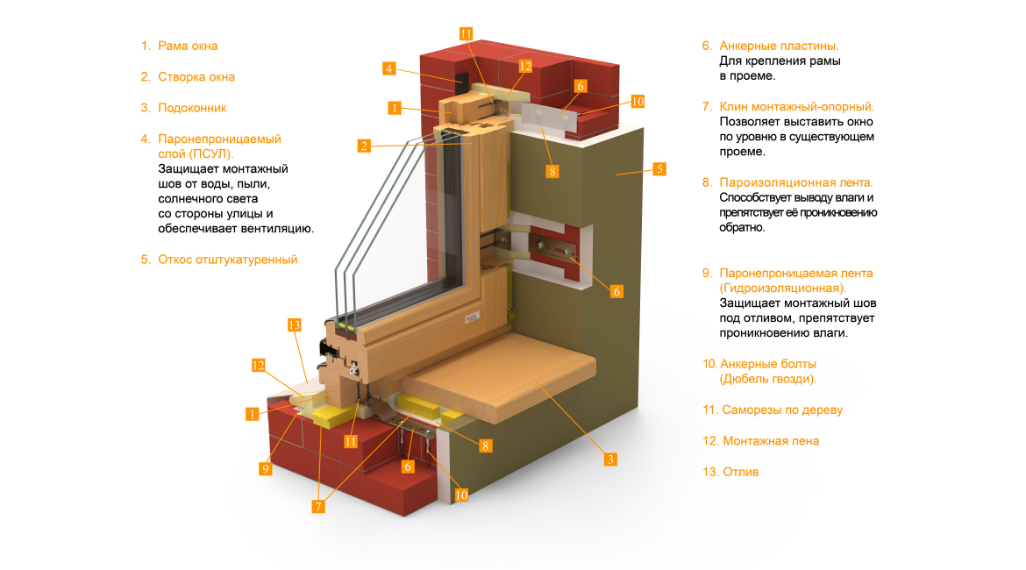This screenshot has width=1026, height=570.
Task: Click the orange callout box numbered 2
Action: click(x=364, y=146)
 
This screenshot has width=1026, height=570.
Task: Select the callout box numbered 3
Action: click(x=610, y=460)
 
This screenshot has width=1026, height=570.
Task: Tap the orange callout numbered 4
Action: click(x=388, y=68)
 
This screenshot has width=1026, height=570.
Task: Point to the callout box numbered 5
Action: click(x=659, y=169)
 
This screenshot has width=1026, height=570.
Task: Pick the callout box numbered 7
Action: click(x=318, y=507)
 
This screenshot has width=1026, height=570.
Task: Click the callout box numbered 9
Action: click(x=265, y=468)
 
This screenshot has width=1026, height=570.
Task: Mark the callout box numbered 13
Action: click(x=294, y=325)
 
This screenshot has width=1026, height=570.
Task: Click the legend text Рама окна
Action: click(x=188, y=46)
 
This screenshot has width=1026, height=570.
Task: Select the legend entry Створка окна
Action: click(x=196, y=76)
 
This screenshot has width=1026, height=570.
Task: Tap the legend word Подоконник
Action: click(x=192, y=108)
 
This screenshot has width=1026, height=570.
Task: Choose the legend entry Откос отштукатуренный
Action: click(x=228, y=260)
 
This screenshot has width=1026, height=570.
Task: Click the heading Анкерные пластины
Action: click(x=779, y=46)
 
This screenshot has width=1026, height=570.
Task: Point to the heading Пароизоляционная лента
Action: click(x=796, y=182)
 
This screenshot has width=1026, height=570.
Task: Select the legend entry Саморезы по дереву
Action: click(x=782, y=410)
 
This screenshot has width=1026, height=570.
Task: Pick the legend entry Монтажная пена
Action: click(x=771, y=441)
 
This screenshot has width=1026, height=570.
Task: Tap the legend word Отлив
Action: click(x=741, y=472)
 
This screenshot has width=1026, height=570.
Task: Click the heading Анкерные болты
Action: click(x=768, y=364)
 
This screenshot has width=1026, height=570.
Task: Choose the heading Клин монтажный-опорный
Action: click(x=797, y=107)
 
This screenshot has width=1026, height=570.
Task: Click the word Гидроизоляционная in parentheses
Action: click(x=782, y=289)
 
